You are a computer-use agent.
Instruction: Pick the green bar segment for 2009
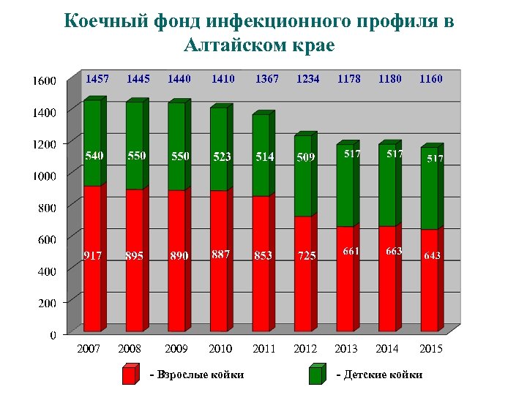click(x=176, y=146)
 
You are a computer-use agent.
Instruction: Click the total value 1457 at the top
click(x=97, y=78)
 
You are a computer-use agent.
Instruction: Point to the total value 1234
click(x=307, y=78)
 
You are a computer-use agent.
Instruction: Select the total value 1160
click(x=430, y=78)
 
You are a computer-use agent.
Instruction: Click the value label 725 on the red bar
click(x=307, y=255)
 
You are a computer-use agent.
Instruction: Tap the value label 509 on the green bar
click(x=306, y=157)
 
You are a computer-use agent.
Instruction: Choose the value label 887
click(x=221, y=254)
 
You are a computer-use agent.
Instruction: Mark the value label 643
click(x=432, y=255)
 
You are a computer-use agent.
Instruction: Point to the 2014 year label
click(x=388, y=349)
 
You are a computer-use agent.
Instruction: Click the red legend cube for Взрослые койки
click(x=130, y=374)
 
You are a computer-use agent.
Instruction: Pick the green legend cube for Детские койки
click(x=316, y=374)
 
